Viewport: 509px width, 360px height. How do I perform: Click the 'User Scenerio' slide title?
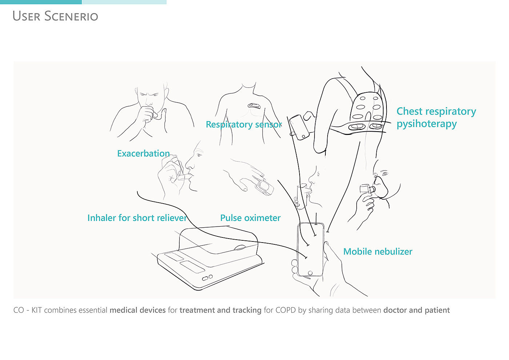[x=55, y=16]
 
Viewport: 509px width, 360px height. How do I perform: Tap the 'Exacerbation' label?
[x=143, y=153]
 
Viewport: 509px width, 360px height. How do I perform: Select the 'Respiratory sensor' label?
[x=244, y=124]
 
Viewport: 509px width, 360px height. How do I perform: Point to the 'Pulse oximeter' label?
[x=251, y=218]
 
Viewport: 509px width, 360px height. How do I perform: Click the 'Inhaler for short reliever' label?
[x=137, y=218]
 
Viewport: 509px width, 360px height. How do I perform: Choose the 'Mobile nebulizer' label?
[x=378, y=252]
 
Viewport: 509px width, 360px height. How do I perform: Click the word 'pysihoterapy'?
[x=426, y=124]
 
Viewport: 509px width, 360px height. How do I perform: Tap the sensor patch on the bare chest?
[x=254, y=106]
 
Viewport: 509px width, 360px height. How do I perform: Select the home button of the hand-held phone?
[x=310, y=273]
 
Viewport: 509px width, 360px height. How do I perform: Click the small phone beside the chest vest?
[x=300, y=128]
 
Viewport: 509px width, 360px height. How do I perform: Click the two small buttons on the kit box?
[x=208, y=278]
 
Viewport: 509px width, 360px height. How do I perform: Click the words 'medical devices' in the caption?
[x=138, y=310]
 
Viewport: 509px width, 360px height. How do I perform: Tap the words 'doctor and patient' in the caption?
[x=417, y=310]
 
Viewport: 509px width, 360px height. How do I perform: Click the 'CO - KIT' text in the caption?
[x=28, y=310]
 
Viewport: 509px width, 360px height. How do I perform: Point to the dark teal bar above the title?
[x=41, y=2]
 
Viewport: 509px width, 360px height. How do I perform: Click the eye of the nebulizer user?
[x=385, y=174]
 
